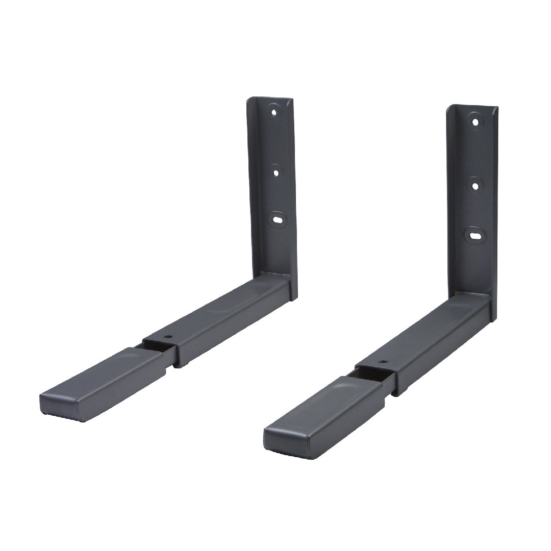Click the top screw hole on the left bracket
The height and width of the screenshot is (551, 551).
(274, 111)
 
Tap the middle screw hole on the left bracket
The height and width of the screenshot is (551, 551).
(275, 172)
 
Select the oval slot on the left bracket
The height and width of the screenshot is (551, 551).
(278, 219)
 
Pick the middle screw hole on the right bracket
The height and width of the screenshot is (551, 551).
(475, 185)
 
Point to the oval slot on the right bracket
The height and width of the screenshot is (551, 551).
(474, 236)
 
